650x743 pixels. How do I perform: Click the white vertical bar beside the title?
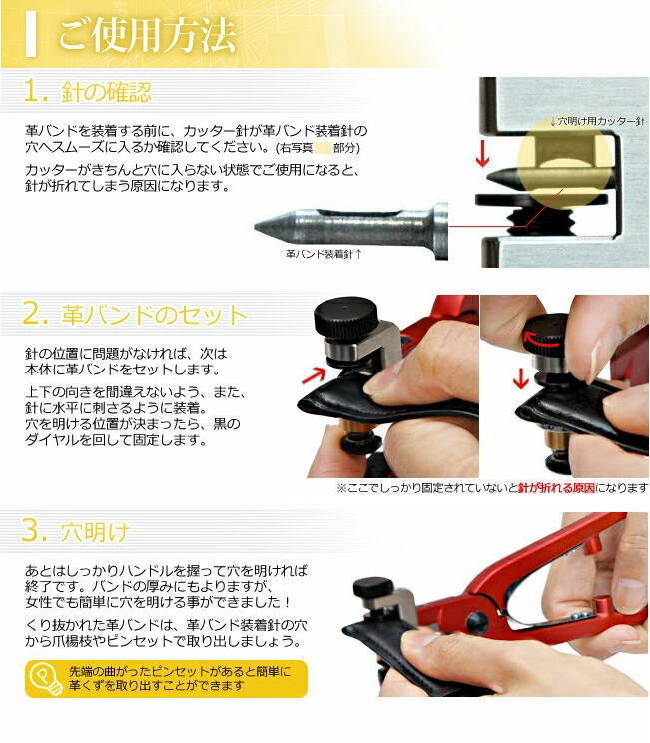coord(31,34)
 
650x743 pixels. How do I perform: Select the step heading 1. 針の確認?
coord(87,91)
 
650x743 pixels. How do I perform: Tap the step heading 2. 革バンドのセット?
coord(135,314)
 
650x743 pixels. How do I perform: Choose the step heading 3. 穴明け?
coord(75,531)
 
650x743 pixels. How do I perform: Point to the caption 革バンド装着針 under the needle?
coord(324,254)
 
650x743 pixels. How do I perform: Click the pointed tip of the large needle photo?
coord(256,227)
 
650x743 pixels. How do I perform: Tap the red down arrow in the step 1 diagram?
coord(482,154)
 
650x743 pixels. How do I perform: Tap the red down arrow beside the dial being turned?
coord(520,378)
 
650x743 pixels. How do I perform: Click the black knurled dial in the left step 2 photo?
coord(345,317)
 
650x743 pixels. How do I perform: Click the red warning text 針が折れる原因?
coord(556,488)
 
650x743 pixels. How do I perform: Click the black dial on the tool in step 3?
coord(373,588)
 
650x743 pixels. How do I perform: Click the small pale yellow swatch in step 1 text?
coord(322,148)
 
